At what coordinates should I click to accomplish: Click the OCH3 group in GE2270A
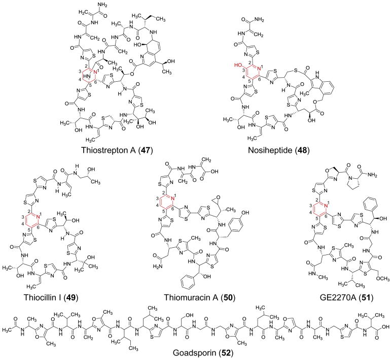tap(371, 265)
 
